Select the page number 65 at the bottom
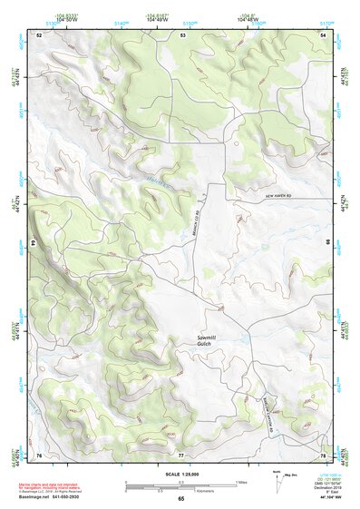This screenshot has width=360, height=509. pos(180,498)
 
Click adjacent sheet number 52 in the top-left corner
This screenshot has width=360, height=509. pos(39,34)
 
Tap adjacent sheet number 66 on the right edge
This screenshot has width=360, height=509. pos(327,243)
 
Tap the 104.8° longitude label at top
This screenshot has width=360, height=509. pos(247,15)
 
